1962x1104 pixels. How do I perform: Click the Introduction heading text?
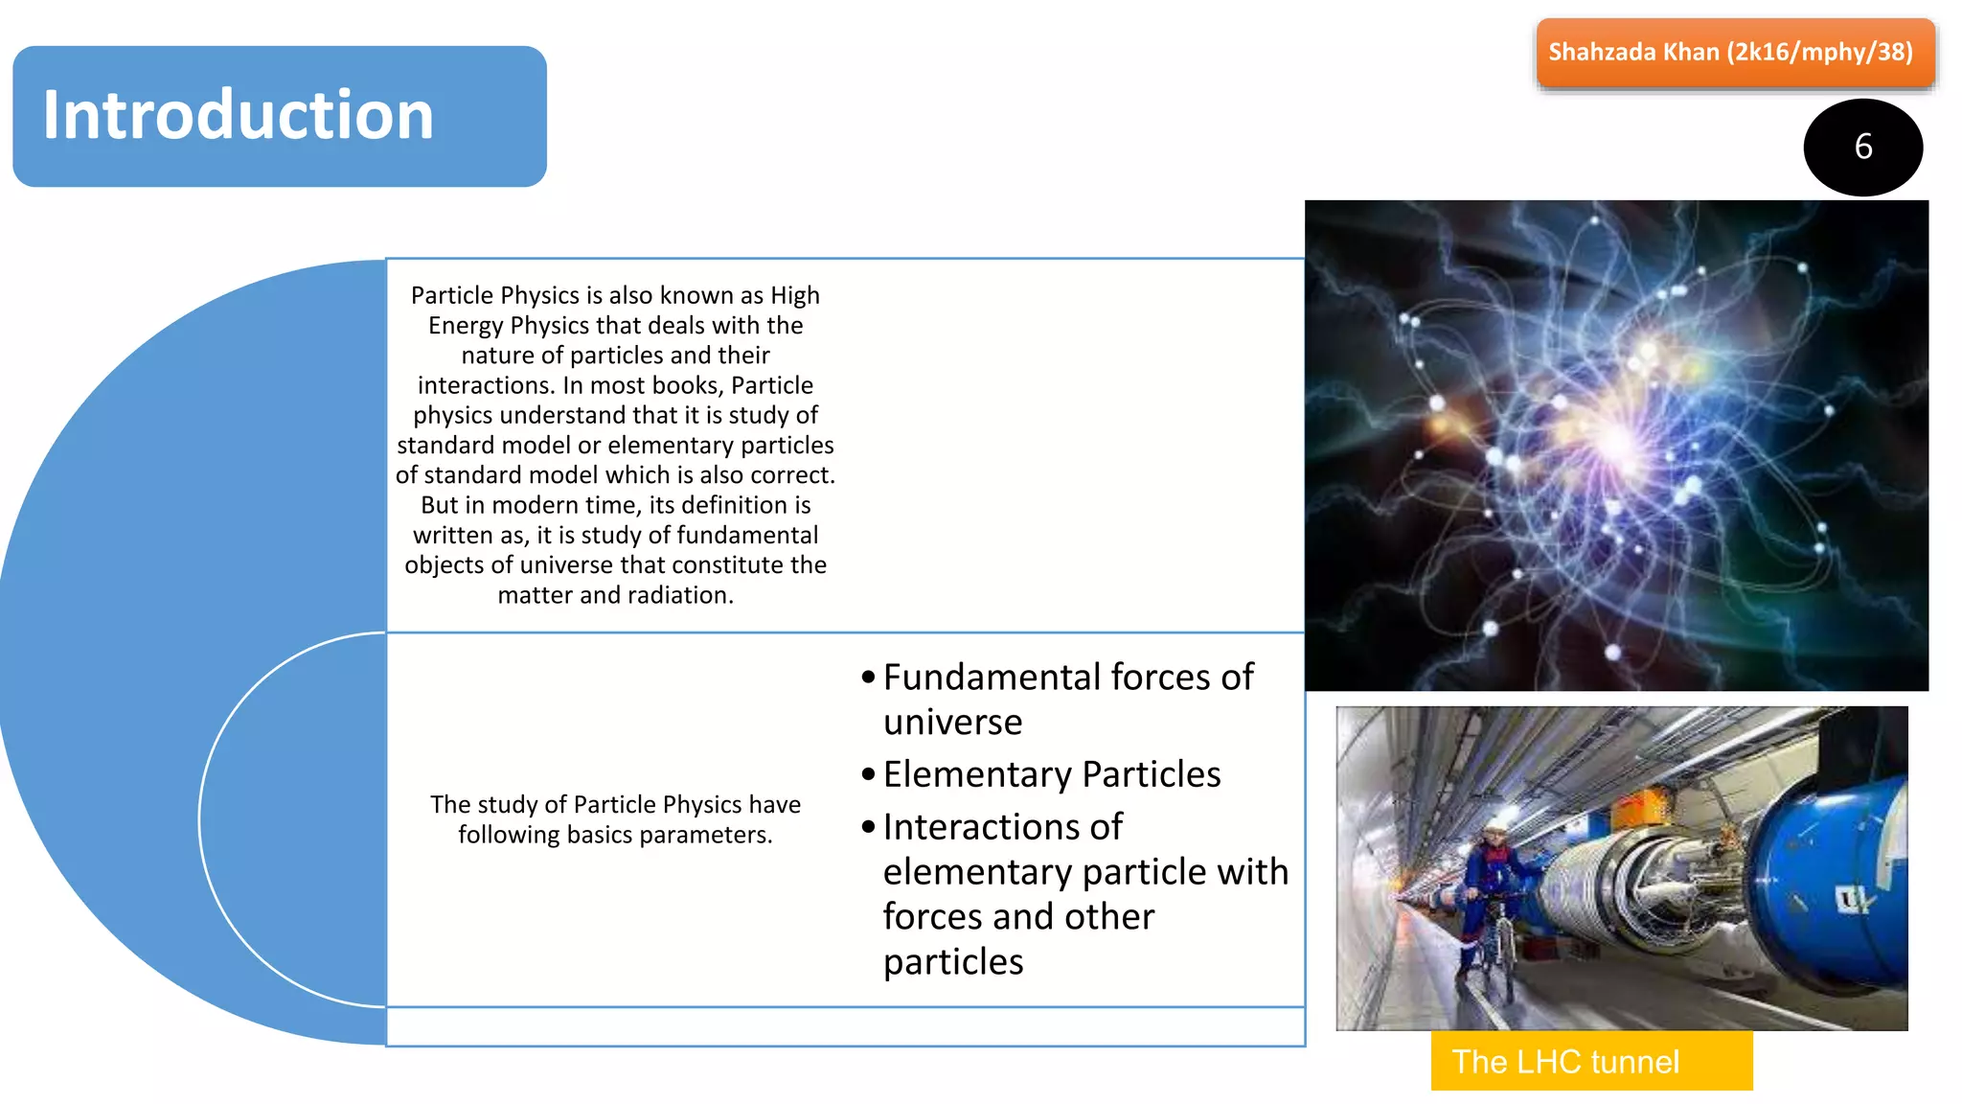(x=238, y=115)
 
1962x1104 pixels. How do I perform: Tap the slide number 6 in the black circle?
(x=1862, y=147)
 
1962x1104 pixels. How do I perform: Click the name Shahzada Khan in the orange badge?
(x=1633, y=52)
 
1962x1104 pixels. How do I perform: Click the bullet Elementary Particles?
(x=1051, y=774)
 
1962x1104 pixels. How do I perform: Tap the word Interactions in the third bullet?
(x=1002, y=827)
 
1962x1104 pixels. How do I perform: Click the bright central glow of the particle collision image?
(x=1619, y=441)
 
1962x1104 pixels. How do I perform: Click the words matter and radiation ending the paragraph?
(x=615, y=595)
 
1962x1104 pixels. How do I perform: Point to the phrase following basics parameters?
(x=615, y=835)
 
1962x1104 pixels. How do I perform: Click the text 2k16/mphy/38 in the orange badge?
(x=1819, y=52)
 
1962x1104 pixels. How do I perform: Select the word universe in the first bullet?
(x=952, y=723)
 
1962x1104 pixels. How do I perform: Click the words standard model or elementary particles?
(x=615, y=446)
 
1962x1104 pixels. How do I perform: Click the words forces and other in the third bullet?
(x=1017, y=917)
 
